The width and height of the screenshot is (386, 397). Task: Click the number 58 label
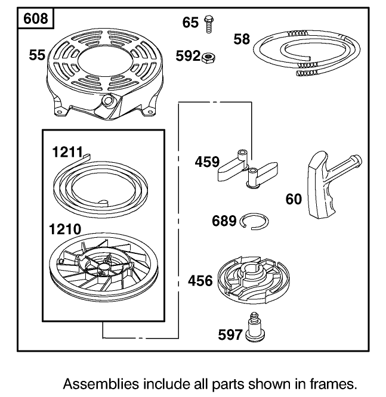(241, 39)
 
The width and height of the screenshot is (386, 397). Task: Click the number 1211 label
(66, 152)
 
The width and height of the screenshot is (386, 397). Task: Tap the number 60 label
(294, 199)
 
